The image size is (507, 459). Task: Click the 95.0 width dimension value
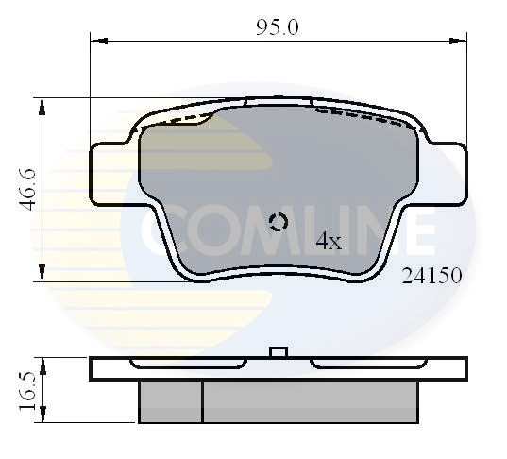click(x=277, y=26)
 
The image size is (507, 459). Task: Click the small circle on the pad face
click(x=279, y=223)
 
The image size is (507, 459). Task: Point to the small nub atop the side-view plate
click(x=278, y=351)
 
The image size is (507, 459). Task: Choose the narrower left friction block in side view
click(x=170, y=400)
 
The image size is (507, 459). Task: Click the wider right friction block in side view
click(x=310, y=400)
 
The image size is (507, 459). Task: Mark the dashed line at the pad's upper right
click(x=363, y=115)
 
